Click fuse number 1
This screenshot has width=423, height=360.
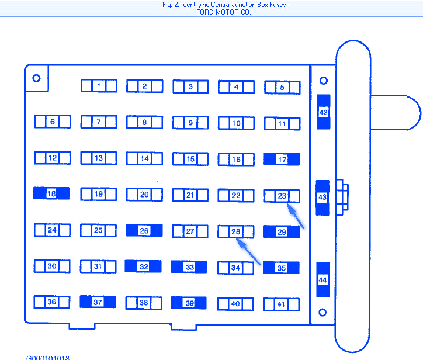(x=99, y=86)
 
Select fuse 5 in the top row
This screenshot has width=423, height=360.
(x=282, y=88)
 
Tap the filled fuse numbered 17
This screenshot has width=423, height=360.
(x=282, y=160)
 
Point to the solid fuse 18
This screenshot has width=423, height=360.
(x=51, y=193)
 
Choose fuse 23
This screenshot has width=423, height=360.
(x=282, y=196)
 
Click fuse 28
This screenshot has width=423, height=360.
(x=236, y=232)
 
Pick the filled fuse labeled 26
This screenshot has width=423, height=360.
(x=144, y=230)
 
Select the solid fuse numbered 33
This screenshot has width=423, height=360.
(x=189, y=267)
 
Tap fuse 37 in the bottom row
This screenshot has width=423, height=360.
(x=98, y=302)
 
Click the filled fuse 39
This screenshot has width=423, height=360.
(x=189, y=303)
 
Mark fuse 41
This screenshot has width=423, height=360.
(x=282, y=304)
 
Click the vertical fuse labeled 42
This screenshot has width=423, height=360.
(x=323, y=112)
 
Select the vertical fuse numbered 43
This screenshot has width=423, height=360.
(x=323, y=198)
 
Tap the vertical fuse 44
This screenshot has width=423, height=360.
(x=323, y=280)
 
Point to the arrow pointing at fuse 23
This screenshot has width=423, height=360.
(x=297, y=216)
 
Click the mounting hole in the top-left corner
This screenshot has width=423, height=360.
(x=36, y=78)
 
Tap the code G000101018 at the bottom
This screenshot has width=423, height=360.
(x=48, y=356)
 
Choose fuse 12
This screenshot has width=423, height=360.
(x=52, y=158)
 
